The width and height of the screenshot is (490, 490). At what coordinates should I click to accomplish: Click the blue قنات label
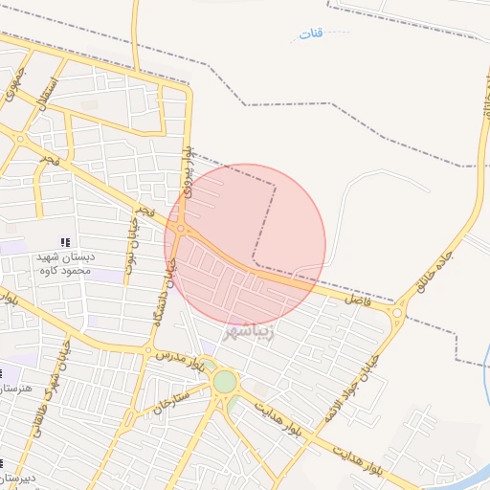point(310,34)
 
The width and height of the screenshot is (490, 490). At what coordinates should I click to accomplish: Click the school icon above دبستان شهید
point(65,242)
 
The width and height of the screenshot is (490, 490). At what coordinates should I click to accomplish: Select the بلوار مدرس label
point(183,362)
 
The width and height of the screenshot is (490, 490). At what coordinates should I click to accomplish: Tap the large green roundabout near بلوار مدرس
point(224,382)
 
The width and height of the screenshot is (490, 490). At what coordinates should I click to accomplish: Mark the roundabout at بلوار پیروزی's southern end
point(180,229)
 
